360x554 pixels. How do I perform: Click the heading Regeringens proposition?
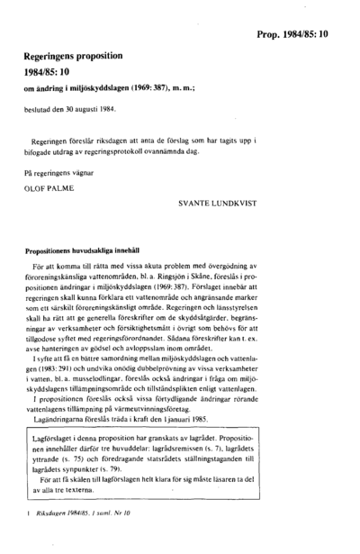tap(79, 55)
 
